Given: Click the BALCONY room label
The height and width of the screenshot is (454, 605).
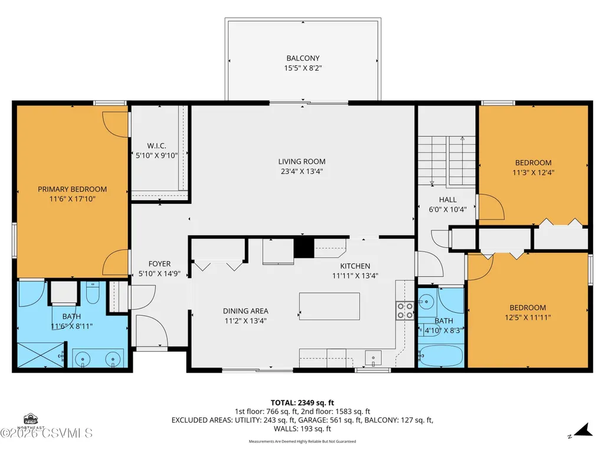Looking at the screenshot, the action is coord(303,58).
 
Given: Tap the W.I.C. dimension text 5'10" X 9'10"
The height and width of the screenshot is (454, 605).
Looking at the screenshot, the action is coord(156,156).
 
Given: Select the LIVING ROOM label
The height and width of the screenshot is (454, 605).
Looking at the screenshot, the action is coord(302,161).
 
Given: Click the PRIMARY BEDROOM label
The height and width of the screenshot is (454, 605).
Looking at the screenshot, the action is coord(72,189).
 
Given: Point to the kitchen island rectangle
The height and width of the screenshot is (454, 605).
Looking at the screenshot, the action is coord(329,306).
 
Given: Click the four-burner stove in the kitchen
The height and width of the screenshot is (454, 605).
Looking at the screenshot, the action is coord(404,311).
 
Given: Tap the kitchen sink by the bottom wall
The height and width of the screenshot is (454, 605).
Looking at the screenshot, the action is coord(373,358).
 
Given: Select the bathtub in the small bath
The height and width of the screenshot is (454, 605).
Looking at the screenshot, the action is coord(441,356).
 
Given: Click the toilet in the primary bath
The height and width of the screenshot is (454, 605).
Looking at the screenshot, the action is coord(93,292).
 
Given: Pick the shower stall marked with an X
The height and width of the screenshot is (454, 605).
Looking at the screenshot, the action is coord(41,355).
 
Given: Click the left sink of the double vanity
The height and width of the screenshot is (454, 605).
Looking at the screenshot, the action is coord(82,359).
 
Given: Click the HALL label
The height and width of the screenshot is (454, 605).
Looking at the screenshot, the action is coord(447,200).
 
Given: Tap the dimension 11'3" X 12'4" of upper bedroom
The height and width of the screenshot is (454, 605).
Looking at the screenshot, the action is coord(533,172).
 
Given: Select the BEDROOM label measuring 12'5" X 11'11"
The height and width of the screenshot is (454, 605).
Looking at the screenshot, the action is coord(528,308).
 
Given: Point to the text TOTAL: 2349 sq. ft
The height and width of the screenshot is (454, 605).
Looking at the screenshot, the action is coord(302,403).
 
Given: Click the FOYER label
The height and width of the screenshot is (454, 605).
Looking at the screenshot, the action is coord(159,264).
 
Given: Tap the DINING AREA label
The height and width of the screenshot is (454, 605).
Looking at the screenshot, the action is coord(246,311).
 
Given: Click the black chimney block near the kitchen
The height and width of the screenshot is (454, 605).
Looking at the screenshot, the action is coord(304,247).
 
